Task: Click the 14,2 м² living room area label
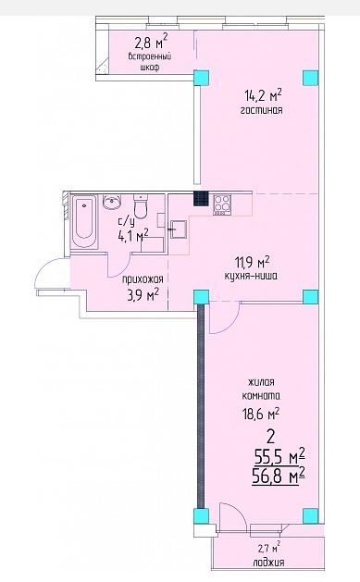click(x=263, y=95)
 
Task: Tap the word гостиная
click(x=261, y=110)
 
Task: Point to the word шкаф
click(x=150, y=68)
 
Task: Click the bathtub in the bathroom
click(x=84, y=221)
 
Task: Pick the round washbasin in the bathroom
click(x=112, y=203)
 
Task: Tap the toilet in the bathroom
click(x=141, y=206)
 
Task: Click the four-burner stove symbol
click(x=222, y=204)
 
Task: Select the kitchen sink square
click(x=179, y=229)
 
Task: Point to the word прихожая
click(x=143, y=279)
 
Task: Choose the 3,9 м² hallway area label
click(x=143, y=295)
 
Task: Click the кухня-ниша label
click(x=251, y=276)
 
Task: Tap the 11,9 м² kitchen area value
click(x=252, y=263)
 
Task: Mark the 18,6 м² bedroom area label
click(x=261, y=413)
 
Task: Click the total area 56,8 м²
click(x=279, y=476)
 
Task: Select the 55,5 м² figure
click(x=279, y=456)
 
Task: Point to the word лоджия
click(x=268, y=562)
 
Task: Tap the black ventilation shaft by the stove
click(x=201, y=198)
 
